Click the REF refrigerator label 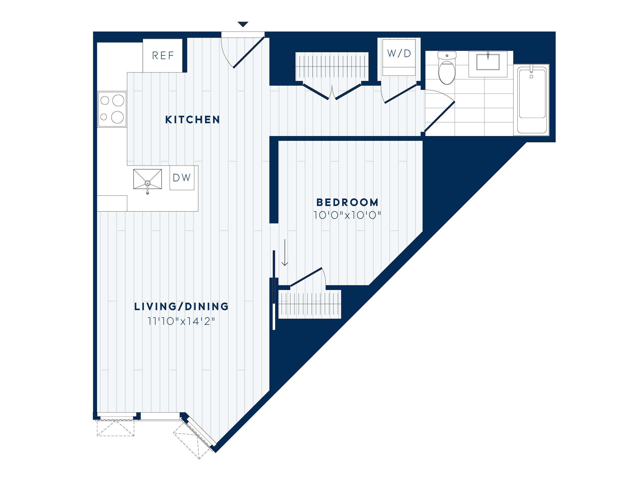coord(163,55)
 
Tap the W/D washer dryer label coord(399,53)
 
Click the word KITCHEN coord(192,120)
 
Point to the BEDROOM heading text coord(347,202)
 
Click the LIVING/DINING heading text coord(181,306)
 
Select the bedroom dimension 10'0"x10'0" coord(347,215)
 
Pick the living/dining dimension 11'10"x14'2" coord(181,321)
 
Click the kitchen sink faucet coord(148,186)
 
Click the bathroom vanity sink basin coord(488,62)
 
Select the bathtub coord(532,99)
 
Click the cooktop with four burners coord(112,109)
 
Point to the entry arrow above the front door coord(243,24)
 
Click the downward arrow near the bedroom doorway coord(285,253)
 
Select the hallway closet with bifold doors coord(332,66)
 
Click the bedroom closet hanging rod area coord(309,304)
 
